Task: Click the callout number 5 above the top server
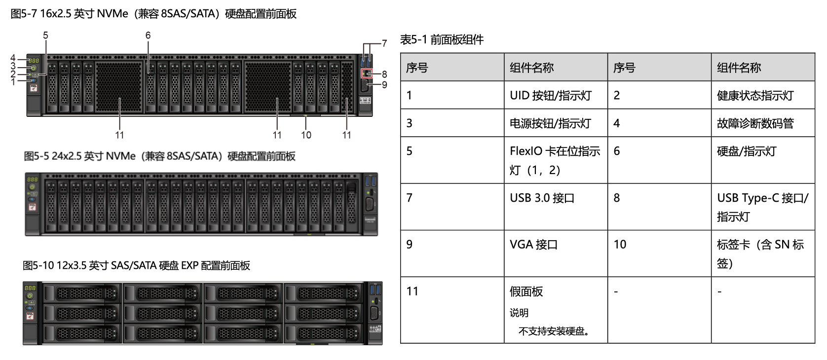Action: coord(45,36)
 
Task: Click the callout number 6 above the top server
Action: coord(148,36)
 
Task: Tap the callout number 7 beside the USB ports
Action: coord(384,43)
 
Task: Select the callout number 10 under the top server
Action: coord(306,135)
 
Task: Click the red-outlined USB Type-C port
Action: coord(367,73)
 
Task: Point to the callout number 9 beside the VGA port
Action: coord(384,85)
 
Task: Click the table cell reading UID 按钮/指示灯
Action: coord(550,96)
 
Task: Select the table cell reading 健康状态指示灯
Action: coord(755,96)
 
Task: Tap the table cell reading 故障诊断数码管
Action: coord(755,123)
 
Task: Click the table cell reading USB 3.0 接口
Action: coord(542,198)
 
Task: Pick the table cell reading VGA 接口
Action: coord(533,245)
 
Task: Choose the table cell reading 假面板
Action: coord(526,291)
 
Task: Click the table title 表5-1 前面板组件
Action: coord(442,40)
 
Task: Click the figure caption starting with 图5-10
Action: coord(136,266)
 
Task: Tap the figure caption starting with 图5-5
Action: coord(159,156)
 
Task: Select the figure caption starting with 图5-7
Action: coord(153,14)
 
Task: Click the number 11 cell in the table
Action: coord(413,291)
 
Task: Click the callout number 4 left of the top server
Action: coord(13,58)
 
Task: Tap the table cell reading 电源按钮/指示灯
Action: coord(550,123)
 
